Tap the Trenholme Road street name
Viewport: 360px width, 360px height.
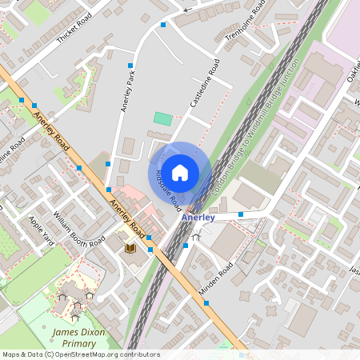tap(245, 24)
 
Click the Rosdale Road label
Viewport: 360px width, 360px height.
tap(169, 190)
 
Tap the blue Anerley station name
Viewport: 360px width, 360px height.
tap(198, 218)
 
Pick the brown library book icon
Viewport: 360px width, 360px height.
tap(130, 249)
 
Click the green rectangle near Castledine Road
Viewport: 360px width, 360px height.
tap(162, 118)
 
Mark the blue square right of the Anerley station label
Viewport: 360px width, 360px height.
tap(241, 215)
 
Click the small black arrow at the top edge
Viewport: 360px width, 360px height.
tap(186, 10)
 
